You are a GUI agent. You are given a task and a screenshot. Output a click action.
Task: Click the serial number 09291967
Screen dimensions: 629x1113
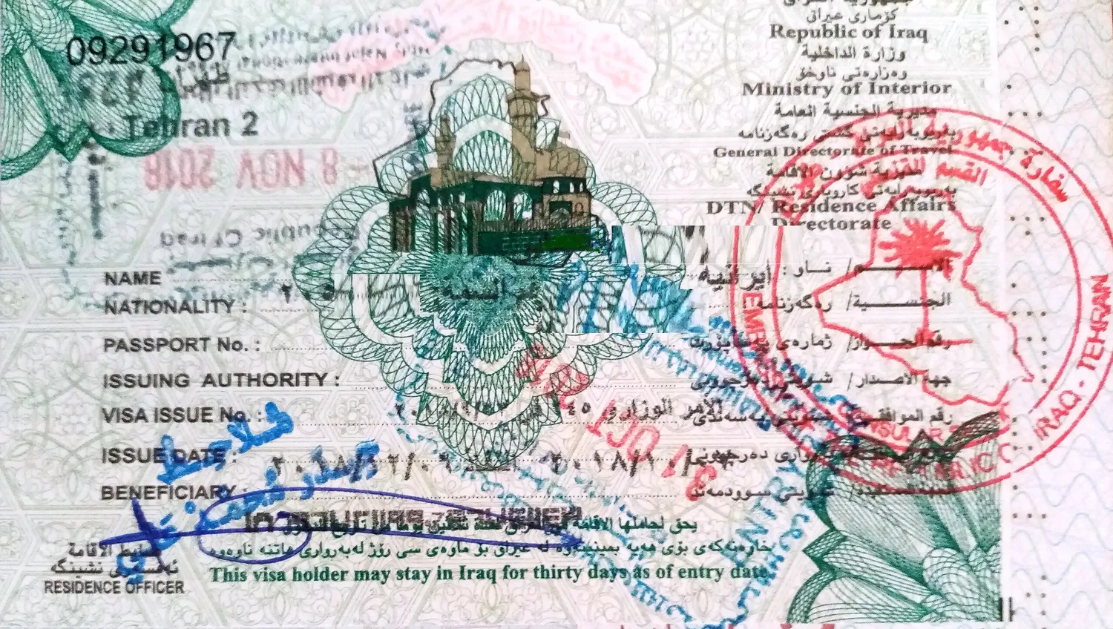coord(151,49)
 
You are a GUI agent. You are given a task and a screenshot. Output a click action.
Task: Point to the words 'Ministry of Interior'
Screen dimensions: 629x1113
coord(846,88)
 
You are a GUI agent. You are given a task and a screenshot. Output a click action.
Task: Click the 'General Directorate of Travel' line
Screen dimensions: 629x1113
coord(831,151)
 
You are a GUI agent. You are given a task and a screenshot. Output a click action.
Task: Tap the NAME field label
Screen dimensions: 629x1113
coord(133,279)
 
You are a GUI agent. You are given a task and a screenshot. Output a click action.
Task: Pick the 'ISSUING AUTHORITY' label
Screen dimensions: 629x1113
coord(215,381)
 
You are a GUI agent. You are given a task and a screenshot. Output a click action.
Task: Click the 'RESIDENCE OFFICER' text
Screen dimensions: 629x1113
coord(114,587)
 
